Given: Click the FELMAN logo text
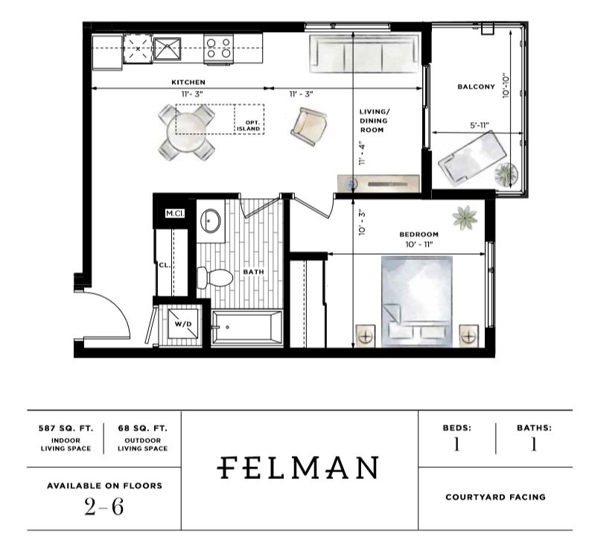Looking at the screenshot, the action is click(x=298, y=468).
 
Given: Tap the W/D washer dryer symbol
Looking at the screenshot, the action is click(x=183, y=323).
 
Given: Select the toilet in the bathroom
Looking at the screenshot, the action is click(x=215, y=277).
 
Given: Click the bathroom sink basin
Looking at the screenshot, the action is click(x=211, y=221).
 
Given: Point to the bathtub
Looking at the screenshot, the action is click(x=246, y=327).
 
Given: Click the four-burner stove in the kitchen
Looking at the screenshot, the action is click(x=219, y=49).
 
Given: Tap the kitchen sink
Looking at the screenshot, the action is click(x=167, y=48).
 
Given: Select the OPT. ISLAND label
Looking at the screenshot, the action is click(x=249, y=126).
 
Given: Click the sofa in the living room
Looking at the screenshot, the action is click(x=363, y=54).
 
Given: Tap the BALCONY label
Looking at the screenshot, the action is click(x=476, y=87).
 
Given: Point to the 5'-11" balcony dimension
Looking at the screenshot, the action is click(x=480, y=125).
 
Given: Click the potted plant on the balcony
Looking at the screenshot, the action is click(x=506, y=174).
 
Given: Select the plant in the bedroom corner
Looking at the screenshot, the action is click(x=465, y=218).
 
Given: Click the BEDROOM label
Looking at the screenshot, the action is click(x=418, y=235).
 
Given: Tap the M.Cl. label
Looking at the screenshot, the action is click(x=175, y=214).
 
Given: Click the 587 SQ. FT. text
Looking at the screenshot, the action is click(x=66, y=428).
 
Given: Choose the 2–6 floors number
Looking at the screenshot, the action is click(x=104, y=507).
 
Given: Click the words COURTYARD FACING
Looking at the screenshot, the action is click(x=495, y=497).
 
